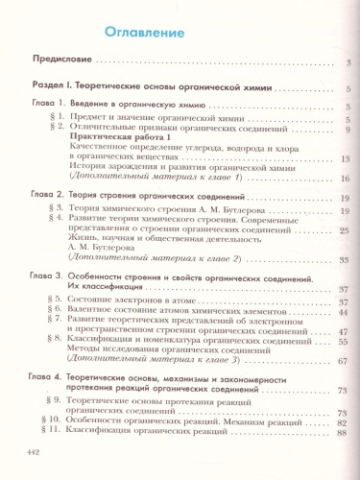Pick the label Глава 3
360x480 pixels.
44,276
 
